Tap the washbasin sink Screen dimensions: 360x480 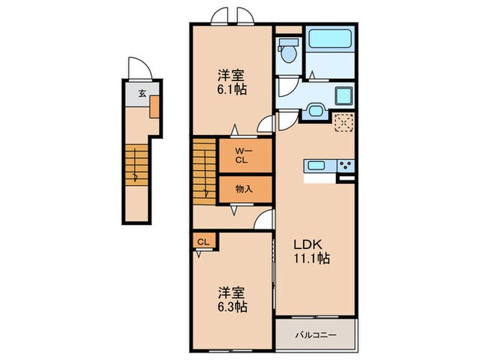click(316, 110)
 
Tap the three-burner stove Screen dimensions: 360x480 click(346, 165)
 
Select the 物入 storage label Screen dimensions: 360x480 click(243, 189)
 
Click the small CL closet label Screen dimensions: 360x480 click(204, 241)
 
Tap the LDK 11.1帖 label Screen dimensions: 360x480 click(312, 252)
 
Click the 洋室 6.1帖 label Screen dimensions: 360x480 click(232, 82)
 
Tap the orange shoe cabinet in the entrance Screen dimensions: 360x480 click(155, 106)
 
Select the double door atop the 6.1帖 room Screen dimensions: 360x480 click(232, 15)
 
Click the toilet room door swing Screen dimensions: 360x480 click(284, 89)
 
